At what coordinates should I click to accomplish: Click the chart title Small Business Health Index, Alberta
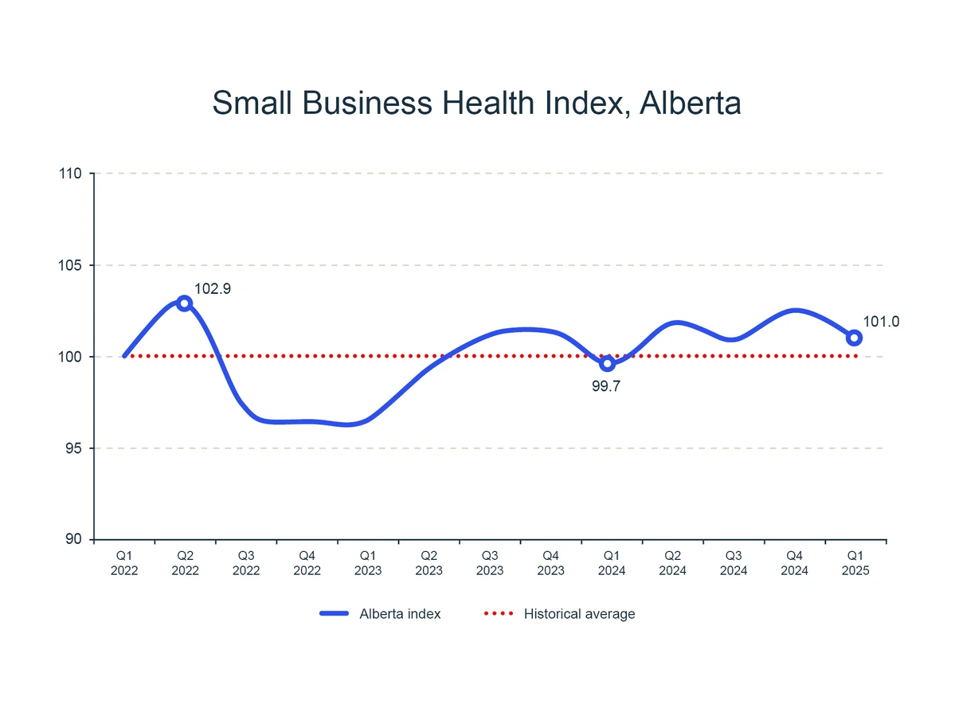coord(477,104)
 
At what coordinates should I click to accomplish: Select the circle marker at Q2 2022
coord(185,303)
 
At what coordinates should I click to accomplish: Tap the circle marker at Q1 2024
coord(607,363)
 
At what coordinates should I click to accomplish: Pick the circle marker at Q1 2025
coord(854,338)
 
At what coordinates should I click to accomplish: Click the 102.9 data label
coord(213,289)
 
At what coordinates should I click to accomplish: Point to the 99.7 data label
coord(607,389)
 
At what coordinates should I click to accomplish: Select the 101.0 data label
coord(881,322)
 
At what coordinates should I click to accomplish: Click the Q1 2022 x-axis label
coord(124,563)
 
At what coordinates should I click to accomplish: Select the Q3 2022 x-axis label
coord(246,563)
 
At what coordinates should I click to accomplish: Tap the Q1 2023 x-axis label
coord(368,563)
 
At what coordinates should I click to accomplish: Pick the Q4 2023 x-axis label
coord(550,563)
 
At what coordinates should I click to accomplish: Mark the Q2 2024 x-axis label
coord(672,563)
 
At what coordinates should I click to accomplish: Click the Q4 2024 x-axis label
coord(794,563)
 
